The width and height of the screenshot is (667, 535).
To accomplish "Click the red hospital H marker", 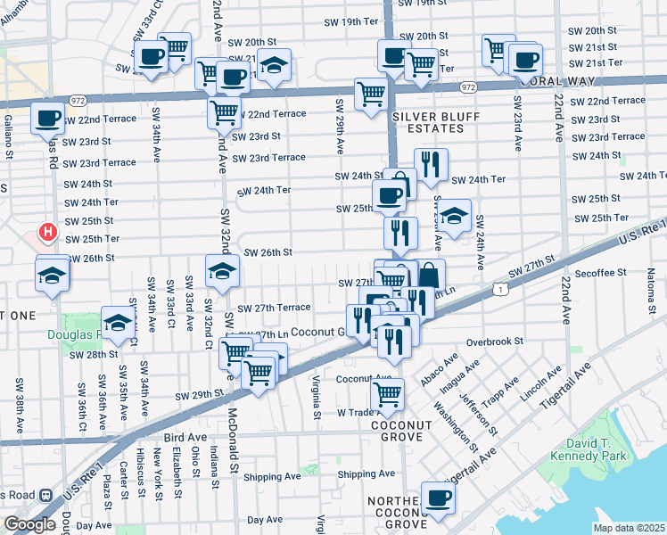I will (48, 234).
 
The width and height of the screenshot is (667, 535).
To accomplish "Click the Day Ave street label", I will (265, 519).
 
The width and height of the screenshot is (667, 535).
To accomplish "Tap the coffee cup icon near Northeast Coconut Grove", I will (437, 497).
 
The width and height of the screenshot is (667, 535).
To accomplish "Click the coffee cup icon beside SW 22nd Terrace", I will (46, 117).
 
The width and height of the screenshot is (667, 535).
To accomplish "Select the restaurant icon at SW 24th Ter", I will (430, 163).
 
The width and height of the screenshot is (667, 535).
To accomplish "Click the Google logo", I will (29, 523).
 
